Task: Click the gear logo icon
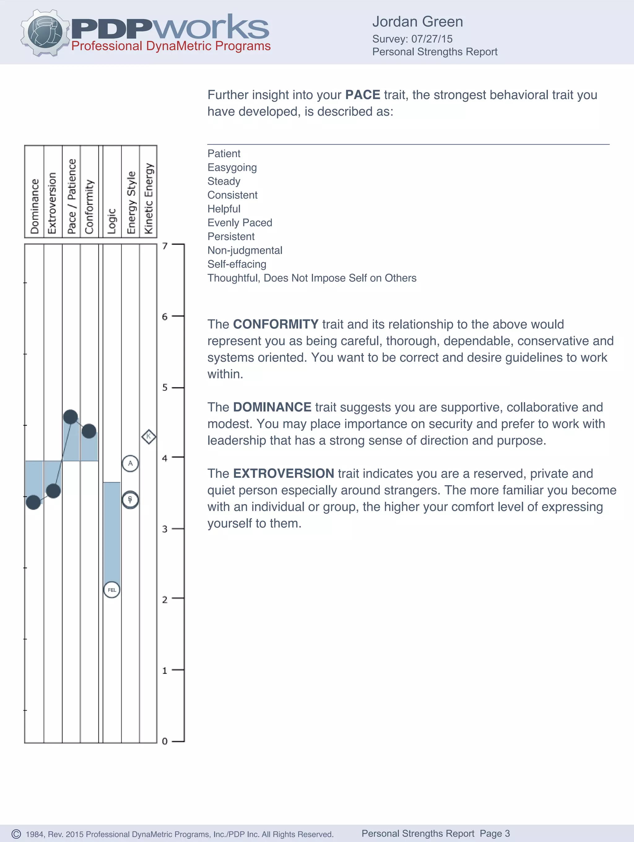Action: tap(45, 33)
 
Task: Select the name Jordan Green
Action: tap(417, 22)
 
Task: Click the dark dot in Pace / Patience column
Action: tap(71, 417)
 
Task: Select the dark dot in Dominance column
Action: tap(33, 503)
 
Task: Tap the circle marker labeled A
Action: tap(130, 463)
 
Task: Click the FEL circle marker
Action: tap(112, 590)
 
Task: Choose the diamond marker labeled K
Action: tap(149, 436)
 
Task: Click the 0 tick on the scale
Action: tap(165, 741)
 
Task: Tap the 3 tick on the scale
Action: tap(165, 529)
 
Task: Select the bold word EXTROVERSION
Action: tap(283, 473)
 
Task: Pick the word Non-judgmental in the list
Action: tap(245, 250)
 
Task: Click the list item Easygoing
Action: tap(232, 167)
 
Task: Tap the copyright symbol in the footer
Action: tap(16, 834)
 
